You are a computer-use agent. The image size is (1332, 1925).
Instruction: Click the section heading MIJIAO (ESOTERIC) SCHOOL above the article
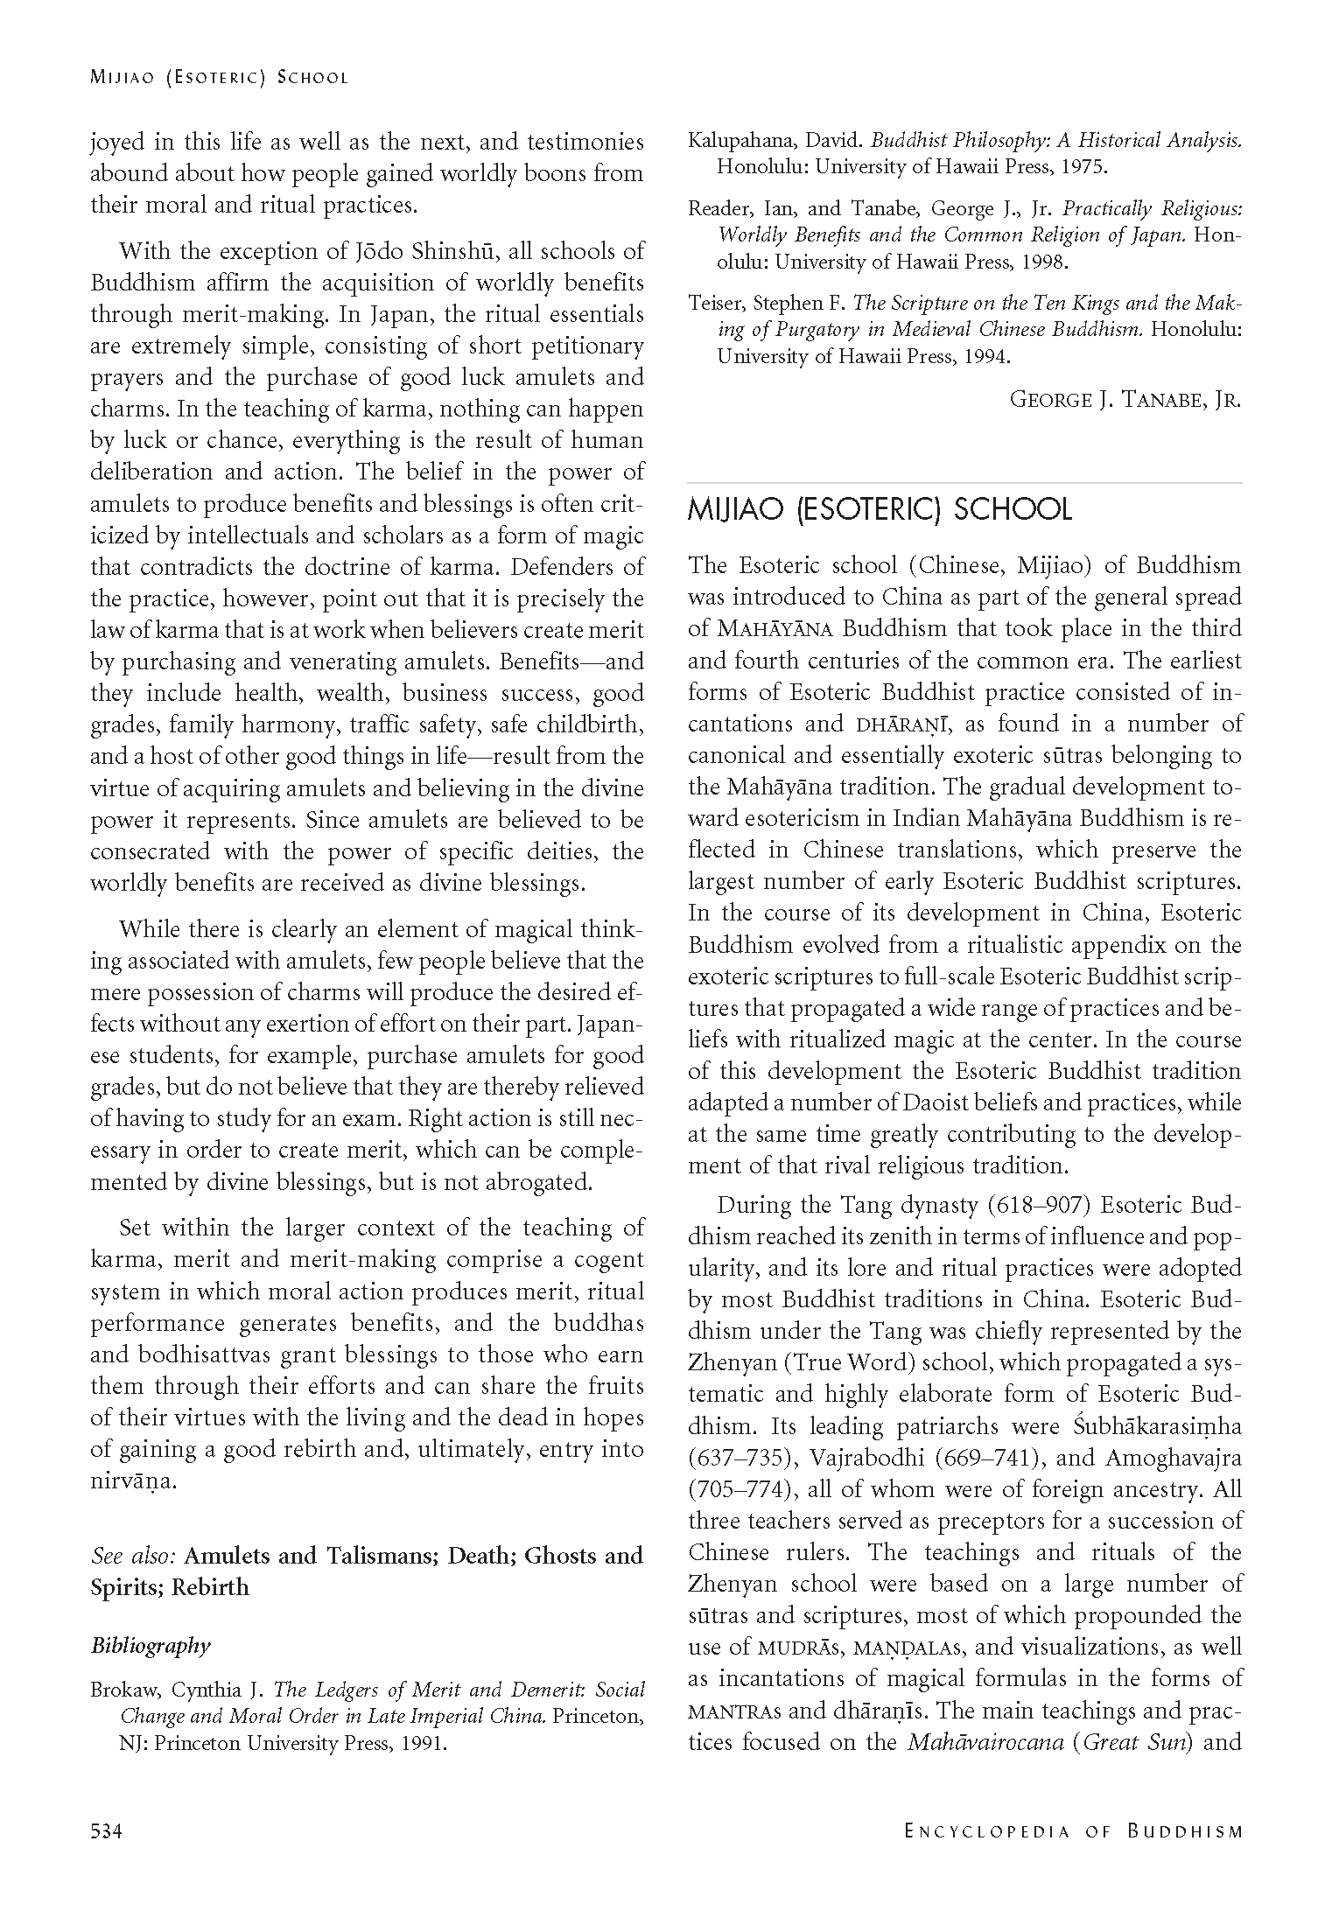coord(880,509)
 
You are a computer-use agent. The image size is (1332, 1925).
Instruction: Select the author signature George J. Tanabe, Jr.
coord(1125,400)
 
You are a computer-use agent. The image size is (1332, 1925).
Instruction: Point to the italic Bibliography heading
coord(151,1646)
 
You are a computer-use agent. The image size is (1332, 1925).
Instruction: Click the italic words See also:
coord(134,1556)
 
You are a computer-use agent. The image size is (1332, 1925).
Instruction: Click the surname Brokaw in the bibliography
coord(122,1690)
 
